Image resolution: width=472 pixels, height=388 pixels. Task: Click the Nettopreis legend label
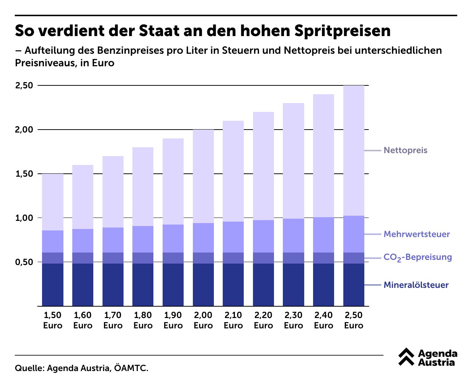(x=405, y=150)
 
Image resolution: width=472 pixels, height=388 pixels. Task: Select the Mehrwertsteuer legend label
(x=417, y=234)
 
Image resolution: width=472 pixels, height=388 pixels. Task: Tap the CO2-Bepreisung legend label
(x=417, y=257)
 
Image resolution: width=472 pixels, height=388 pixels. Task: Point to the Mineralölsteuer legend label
(x=416, y=285)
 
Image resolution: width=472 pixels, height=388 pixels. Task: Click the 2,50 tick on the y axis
(x=24, y=85)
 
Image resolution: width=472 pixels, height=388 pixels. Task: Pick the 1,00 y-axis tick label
(x=24, y=218)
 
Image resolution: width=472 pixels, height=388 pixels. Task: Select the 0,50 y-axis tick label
(x=24, y=262)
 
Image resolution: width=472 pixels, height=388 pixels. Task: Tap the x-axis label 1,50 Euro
(x=53, y=320)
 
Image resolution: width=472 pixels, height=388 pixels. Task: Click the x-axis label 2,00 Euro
(x=203, y=320)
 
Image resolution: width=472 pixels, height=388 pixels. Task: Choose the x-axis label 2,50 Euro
(x=354, y=320)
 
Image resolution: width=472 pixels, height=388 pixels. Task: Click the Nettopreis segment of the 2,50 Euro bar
(x=354, y=151)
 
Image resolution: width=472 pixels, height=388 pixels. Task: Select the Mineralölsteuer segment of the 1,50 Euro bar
(x=53, y=285)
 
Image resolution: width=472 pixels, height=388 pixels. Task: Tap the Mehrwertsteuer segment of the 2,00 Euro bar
(x=203, y=238)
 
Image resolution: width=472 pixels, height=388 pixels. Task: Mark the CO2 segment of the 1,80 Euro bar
(x=143, y=258)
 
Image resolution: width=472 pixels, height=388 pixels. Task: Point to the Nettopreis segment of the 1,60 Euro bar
(x=83, y=197)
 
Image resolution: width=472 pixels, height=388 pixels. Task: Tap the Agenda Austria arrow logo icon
(x=406, y=357)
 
